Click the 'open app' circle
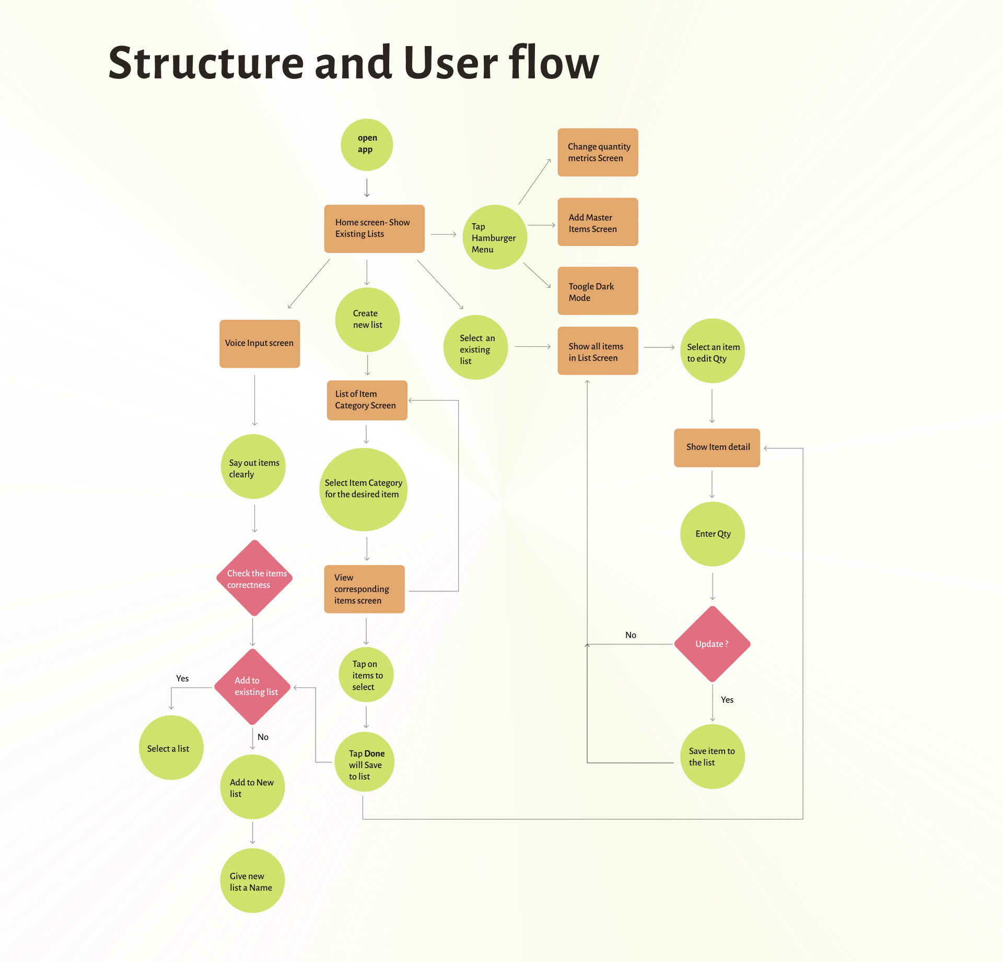click(367, 144)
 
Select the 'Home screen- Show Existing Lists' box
click(374, 228)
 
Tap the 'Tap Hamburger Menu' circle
click(494, 237)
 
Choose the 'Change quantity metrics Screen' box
click(598, 152)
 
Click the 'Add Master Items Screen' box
click(598, 222)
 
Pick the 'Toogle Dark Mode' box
click(598, 291)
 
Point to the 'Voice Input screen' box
click(260, 343)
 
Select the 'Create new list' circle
click(367, 319)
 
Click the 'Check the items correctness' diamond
click(254, 578)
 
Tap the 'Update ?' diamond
click(712, 644)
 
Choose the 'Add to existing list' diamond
click(253, 687)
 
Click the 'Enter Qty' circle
click(712, 534)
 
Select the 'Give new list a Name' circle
click(252, 881)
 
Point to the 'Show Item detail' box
click(717, 447)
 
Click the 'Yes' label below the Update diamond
click(727, 700)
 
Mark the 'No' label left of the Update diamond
click(631, 635)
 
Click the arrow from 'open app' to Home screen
click(367, 188)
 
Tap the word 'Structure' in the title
click(206, 63)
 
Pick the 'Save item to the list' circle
click(712, 757)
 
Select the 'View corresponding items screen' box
click(364, 589)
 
